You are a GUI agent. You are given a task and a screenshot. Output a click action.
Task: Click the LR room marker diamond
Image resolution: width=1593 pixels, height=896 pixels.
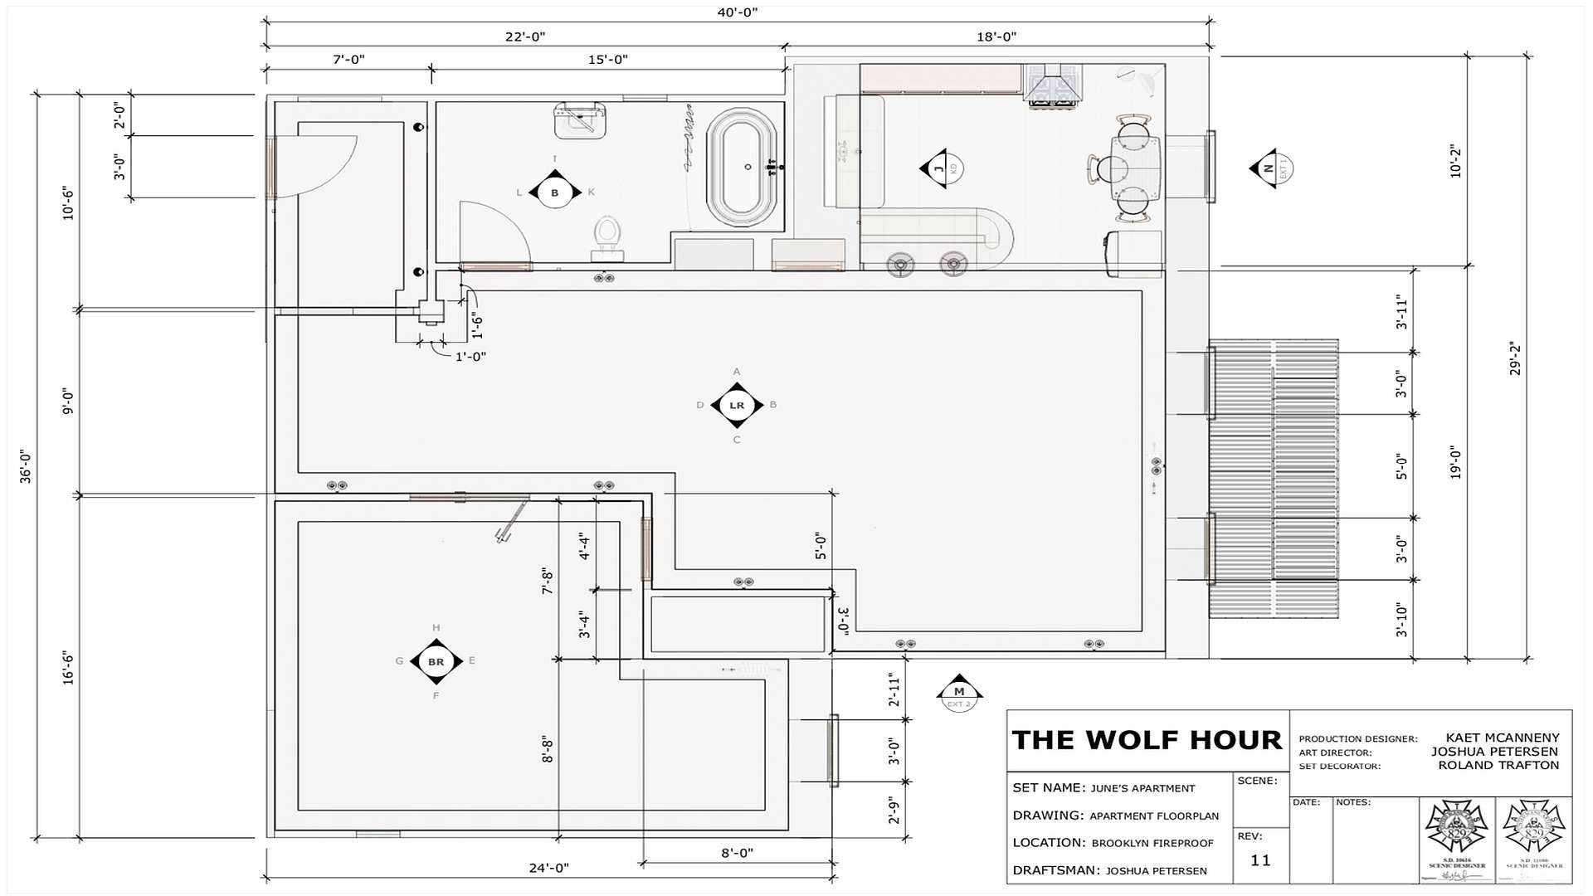[736, 405]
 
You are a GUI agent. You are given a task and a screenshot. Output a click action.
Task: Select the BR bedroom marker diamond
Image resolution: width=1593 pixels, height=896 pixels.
[436, 661]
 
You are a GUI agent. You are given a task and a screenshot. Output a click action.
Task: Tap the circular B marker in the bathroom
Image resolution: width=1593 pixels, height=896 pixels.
[554, 192]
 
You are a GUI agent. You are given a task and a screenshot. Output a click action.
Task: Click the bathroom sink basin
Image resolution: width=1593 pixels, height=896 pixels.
[579, 122]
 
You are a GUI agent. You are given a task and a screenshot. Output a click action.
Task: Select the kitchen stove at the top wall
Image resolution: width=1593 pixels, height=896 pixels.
[1052, 84]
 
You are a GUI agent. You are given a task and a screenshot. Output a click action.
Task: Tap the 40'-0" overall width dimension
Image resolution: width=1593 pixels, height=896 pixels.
[737, 12]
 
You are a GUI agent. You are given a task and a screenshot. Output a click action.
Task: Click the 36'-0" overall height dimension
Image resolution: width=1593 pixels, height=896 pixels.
[25, 466]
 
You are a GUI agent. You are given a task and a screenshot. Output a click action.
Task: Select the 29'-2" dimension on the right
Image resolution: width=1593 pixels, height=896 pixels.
[1515, 358]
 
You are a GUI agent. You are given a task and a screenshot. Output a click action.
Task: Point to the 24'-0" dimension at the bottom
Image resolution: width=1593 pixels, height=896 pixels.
[548, 868]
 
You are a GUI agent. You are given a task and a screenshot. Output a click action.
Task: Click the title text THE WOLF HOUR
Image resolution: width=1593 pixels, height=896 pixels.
[1147, 739]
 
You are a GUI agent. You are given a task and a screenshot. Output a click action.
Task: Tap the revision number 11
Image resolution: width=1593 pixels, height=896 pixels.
[1260, 860]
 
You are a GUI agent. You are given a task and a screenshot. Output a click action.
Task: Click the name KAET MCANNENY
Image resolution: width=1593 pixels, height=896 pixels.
[1502, 738]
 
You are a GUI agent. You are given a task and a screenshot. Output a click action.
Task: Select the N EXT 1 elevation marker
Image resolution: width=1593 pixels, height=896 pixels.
[1269, 168]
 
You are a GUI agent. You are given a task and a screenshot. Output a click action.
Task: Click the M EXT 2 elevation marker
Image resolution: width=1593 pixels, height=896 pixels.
[959, 692]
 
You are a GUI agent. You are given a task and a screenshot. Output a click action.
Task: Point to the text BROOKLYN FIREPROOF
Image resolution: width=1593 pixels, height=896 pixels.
[1152, 843]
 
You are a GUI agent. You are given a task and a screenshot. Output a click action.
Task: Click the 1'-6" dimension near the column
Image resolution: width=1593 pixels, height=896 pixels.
[477, 324]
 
